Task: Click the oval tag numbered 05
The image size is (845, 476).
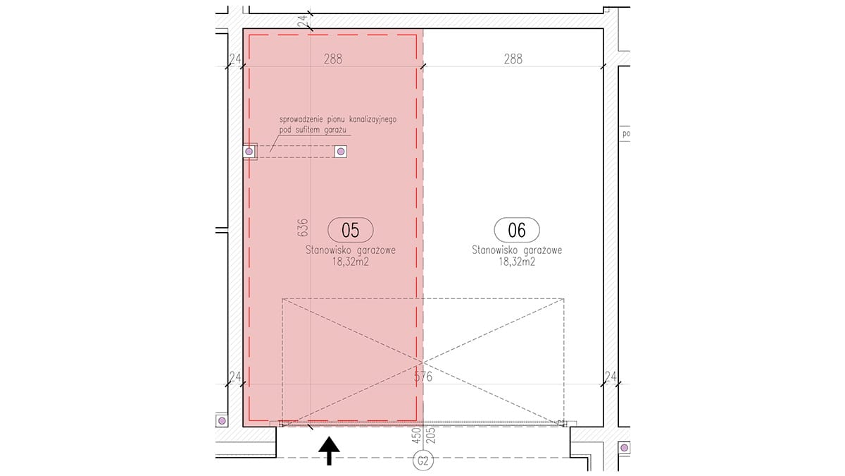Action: pyautogui.click(x=351, y=230)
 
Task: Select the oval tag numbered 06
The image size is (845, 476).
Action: pyautogui.click(x=517, y=230)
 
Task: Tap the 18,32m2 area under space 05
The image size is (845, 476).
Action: pyautogui.click(x=351, y=262)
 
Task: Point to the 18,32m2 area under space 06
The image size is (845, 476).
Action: pyautogui.click(x=517, y=262)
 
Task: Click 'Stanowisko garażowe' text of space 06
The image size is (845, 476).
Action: pyautogui.click(x=517, y=250)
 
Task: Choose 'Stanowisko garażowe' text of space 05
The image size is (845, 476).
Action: pyautogui.click(x=351, y=250)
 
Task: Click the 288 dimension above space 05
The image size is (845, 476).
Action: pyautogui.click(x=333, y=59)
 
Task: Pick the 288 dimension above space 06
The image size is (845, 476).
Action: pyautogui.click(x=513, y=59)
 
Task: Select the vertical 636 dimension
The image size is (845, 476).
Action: pyautogui.click(x=303, y=228)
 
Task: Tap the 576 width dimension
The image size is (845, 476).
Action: pyautogui.click(x=423, y=377)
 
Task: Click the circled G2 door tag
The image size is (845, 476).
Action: pyautogui.click(x=423, y=461)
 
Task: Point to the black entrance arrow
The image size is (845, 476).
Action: pyautogui.click(x=329, y=451)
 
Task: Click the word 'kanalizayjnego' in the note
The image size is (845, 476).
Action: pyautogui.click(x=373, y=120)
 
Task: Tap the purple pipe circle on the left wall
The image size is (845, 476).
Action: pyautogui.click(x=249, y=152)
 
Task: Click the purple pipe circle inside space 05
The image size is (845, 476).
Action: pyautogui.click(x=341, y=152)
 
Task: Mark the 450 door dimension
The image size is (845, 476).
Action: pyautogui.click(x=417, y=436)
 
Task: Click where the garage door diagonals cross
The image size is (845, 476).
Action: pyautogui.click(x=423, y=362)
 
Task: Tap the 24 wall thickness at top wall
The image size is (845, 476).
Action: pyautogui.click(x=303, y=20)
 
